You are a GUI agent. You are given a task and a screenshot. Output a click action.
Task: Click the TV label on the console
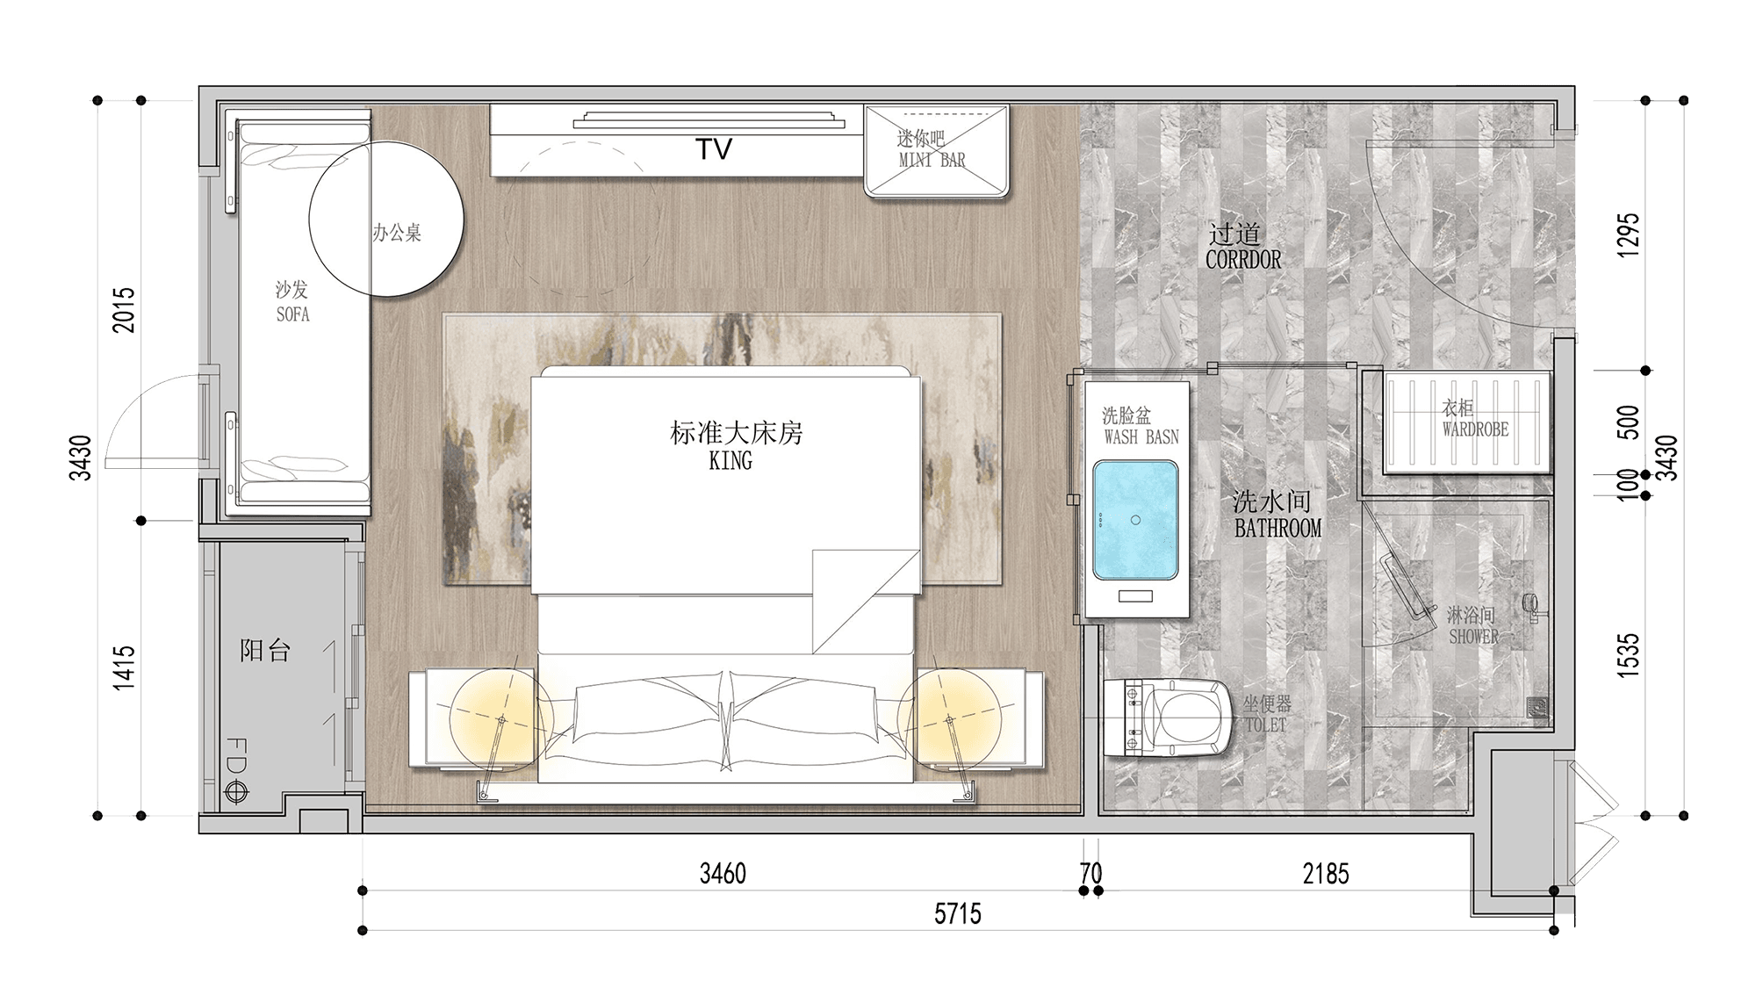[x=714, y=149]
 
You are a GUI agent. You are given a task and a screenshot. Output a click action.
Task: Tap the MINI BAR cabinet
[x=936, y=151]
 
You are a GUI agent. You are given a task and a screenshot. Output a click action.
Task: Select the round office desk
[x=386, y=220]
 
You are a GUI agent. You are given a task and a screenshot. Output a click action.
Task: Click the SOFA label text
[x=292, y=314]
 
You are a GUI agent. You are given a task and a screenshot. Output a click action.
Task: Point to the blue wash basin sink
[x=1135, y=521]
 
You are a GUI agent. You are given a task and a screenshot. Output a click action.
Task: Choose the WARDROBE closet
[x=1465, y=422]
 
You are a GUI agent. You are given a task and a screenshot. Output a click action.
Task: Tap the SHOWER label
[x=1473, y=637]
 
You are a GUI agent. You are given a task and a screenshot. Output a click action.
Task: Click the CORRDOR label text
[x=1242, y=260]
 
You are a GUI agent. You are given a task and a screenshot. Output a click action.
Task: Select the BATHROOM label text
[x=1277, y=529]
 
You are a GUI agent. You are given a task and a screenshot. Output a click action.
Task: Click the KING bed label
[x=730, y=461]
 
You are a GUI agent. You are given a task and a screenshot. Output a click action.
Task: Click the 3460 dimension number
[x=723, y=874]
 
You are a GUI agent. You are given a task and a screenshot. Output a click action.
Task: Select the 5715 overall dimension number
[x=957, y=914]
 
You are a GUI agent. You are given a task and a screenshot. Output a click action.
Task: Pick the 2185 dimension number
[x=1326, y=874]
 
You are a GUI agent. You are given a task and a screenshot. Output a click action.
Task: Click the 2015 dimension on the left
[x=125, y=310]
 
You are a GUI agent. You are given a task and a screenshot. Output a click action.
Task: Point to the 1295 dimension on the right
[x=1629, y=235]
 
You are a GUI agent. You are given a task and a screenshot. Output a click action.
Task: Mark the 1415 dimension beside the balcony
[x=125, y=667]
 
